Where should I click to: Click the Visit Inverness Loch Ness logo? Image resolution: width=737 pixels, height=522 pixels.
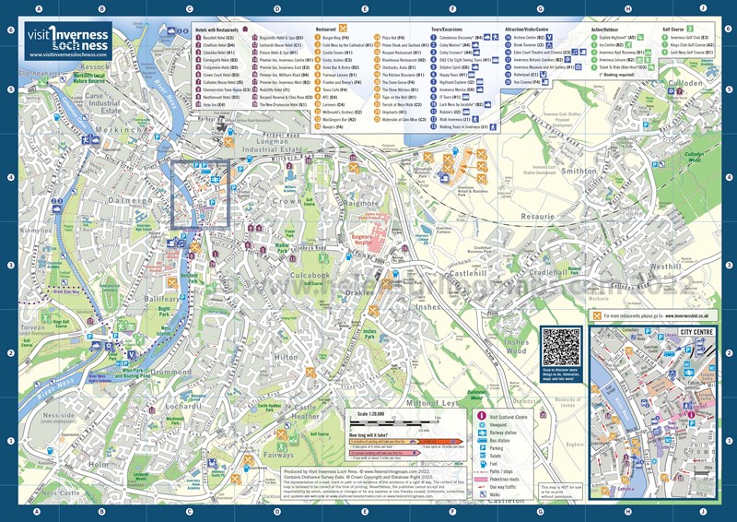70,42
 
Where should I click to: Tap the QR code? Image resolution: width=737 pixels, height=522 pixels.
563,349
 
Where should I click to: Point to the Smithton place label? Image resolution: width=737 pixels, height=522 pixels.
579,171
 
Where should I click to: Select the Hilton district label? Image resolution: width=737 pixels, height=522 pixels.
287,357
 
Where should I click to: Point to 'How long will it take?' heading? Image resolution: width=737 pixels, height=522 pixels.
369,433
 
